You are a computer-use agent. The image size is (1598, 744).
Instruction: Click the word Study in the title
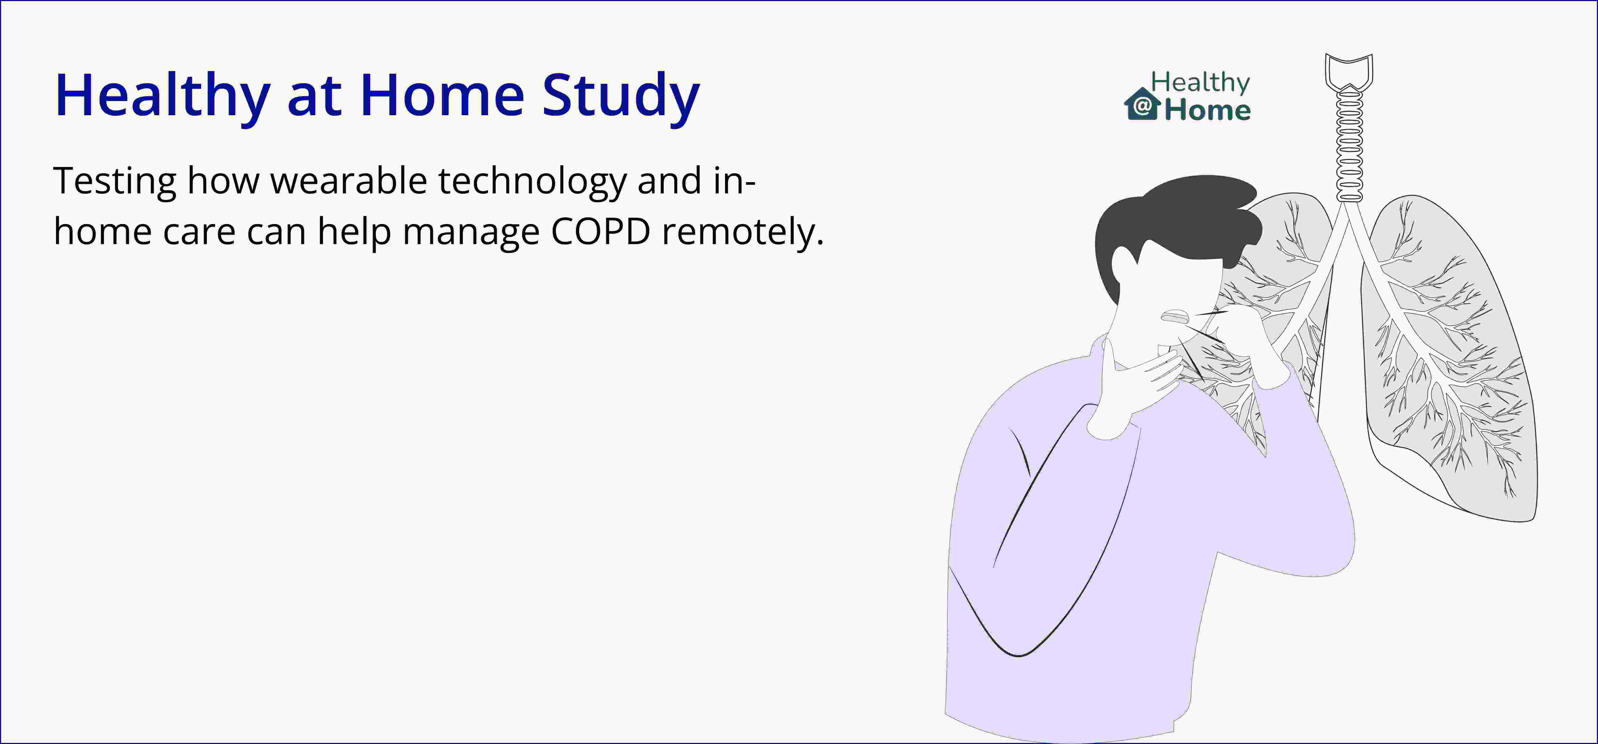tap(621, 96)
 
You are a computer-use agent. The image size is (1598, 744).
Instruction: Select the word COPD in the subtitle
tap(601, 231)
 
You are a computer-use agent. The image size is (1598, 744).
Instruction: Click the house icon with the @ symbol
tap(1142, 104)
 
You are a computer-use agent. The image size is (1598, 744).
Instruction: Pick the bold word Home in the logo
tap(1207, 110)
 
